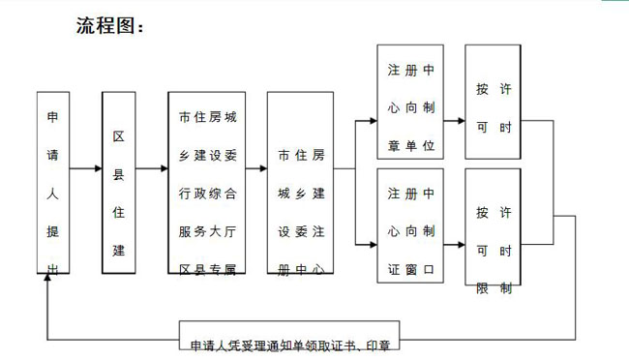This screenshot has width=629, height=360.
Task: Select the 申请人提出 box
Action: point(53,184)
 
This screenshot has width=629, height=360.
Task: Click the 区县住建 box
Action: point(118,184)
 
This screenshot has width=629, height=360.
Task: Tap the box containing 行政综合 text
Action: point(206,184)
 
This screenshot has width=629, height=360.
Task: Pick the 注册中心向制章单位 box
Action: point(410,101)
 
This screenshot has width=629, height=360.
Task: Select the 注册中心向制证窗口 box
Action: point(410,225)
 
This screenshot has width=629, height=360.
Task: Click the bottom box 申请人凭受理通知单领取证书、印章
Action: point(295,345)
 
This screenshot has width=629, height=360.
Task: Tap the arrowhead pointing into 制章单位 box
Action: point(372,121)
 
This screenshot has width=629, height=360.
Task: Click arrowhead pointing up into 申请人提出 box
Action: point(46,280)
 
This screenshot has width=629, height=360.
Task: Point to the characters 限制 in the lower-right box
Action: point(494,289)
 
